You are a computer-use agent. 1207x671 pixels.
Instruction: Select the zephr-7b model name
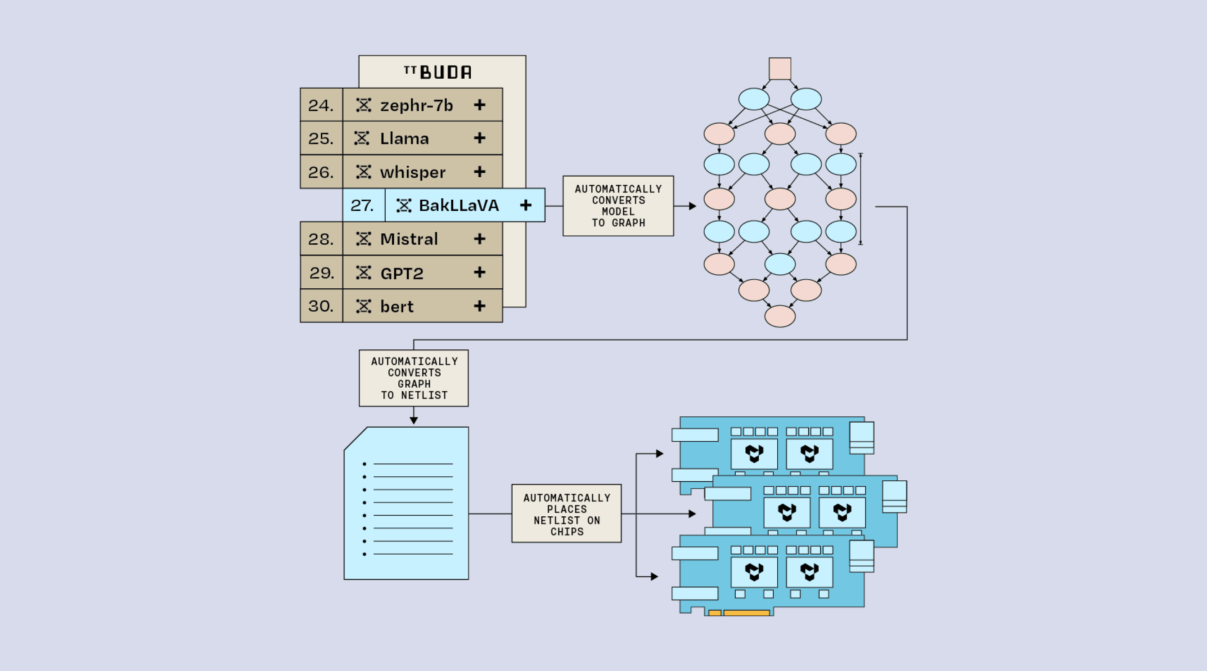417,105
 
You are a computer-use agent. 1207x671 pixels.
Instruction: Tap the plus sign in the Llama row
479,138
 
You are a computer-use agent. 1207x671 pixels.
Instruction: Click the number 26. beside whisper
321,172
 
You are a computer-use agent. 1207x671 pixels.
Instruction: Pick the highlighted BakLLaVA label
459,205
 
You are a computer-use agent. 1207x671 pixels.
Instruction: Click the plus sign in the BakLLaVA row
526,205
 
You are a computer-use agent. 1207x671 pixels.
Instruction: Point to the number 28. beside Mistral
321,239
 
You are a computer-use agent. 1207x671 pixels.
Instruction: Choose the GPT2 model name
402,273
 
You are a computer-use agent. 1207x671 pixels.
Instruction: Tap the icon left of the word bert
363,306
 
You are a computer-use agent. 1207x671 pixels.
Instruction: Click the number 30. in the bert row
321,306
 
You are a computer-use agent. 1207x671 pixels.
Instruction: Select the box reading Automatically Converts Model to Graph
618,206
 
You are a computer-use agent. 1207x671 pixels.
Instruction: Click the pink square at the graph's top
779,69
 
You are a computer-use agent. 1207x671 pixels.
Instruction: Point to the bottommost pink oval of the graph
779,316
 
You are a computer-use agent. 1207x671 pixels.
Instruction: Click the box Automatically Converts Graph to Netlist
414,378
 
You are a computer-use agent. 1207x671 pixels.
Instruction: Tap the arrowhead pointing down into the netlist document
414,420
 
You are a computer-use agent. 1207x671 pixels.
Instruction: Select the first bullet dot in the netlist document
365,464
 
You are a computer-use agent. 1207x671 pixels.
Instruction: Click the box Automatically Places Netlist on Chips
567,514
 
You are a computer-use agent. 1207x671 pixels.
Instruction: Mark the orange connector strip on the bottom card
746,613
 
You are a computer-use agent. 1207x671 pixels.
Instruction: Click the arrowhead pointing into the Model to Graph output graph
693,206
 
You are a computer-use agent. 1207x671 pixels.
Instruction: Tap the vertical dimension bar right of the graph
860,199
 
